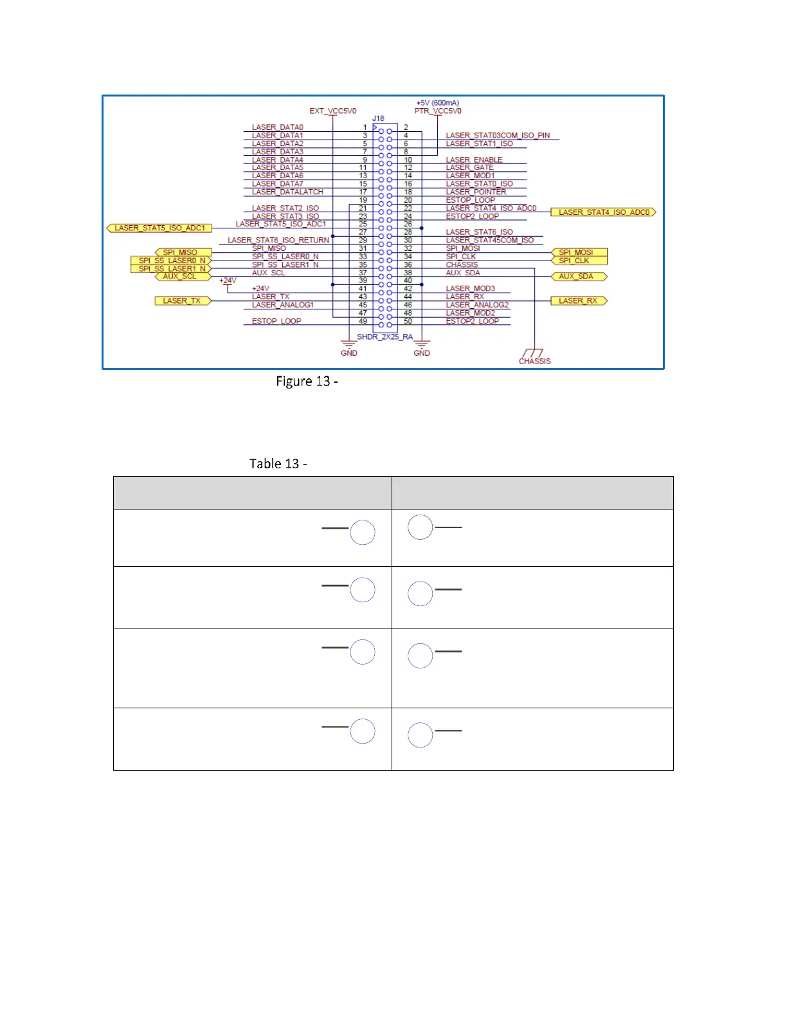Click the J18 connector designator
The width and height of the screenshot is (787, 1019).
pos(378,118)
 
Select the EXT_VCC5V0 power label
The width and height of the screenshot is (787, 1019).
pos(332,111)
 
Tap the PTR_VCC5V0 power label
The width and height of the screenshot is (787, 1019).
pos(437,111)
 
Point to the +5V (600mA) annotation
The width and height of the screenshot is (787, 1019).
pos(437,103)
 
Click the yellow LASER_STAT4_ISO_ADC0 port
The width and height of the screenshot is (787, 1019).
pos(603,212)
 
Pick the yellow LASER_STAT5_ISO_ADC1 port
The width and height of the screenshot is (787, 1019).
pos(159,228)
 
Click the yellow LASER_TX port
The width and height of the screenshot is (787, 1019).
pos(183,301)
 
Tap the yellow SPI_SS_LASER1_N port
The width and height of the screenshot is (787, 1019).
pos(171,269)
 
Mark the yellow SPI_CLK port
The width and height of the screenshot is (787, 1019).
pos(579,261)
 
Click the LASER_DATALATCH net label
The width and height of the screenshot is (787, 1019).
pos(287,192)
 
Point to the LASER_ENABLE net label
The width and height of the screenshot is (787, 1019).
pos(474,160)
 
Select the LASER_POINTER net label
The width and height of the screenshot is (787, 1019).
pos(476,192)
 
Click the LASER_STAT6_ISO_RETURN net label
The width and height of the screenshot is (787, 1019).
pos(278,240)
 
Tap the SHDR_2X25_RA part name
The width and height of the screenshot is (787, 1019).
pos(384,337)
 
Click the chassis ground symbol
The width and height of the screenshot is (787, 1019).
pos(534,354)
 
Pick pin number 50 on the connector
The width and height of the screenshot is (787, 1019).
pos(408,321)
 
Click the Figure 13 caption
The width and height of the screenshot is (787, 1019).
pos(307,381)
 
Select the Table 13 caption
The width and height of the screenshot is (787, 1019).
pos(278,464)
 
